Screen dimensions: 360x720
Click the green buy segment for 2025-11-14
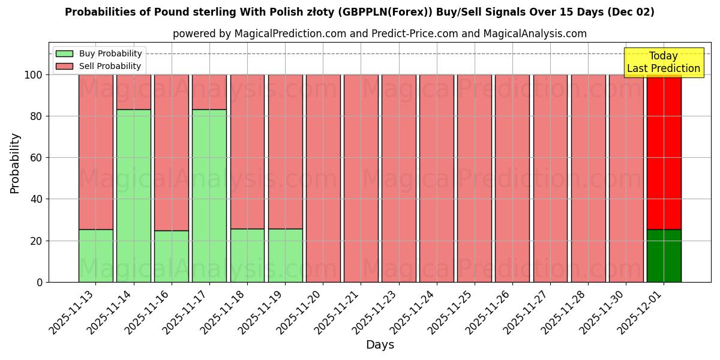(133, 196)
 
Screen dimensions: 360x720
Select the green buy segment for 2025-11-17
(209, 196)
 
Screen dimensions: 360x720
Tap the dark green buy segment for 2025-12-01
(664, 256)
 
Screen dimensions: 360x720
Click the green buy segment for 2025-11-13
(95, 256)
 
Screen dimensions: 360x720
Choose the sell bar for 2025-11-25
(474, 178)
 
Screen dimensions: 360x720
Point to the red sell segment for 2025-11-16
(171, 152)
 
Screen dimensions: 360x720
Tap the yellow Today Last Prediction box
(663, 62)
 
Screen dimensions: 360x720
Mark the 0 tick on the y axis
(40, 283)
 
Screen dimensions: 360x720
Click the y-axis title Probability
(15, 163)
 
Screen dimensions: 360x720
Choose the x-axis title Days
(380, 345)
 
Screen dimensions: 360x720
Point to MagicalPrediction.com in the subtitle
(289, 34)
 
